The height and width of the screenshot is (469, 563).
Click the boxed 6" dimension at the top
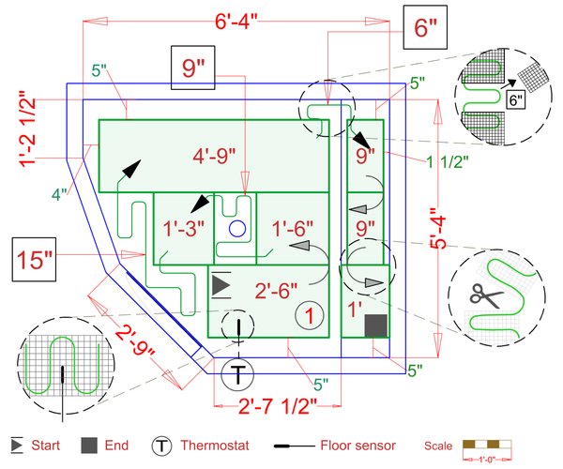click(425, 28)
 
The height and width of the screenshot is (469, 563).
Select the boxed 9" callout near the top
click(193, 68)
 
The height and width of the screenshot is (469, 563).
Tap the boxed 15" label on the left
click(36, 260)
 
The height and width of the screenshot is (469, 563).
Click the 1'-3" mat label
click(183, 227)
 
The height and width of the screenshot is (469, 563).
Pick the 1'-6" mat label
click(292, 227)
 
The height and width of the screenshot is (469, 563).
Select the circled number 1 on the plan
click(308, 315)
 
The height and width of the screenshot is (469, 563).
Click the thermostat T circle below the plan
click(238, 373)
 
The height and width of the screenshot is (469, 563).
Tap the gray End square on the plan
click(375, 325)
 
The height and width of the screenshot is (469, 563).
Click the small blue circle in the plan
click(236, 227)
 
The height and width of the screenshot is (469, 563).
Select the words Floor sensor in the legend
click(358, 446)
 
